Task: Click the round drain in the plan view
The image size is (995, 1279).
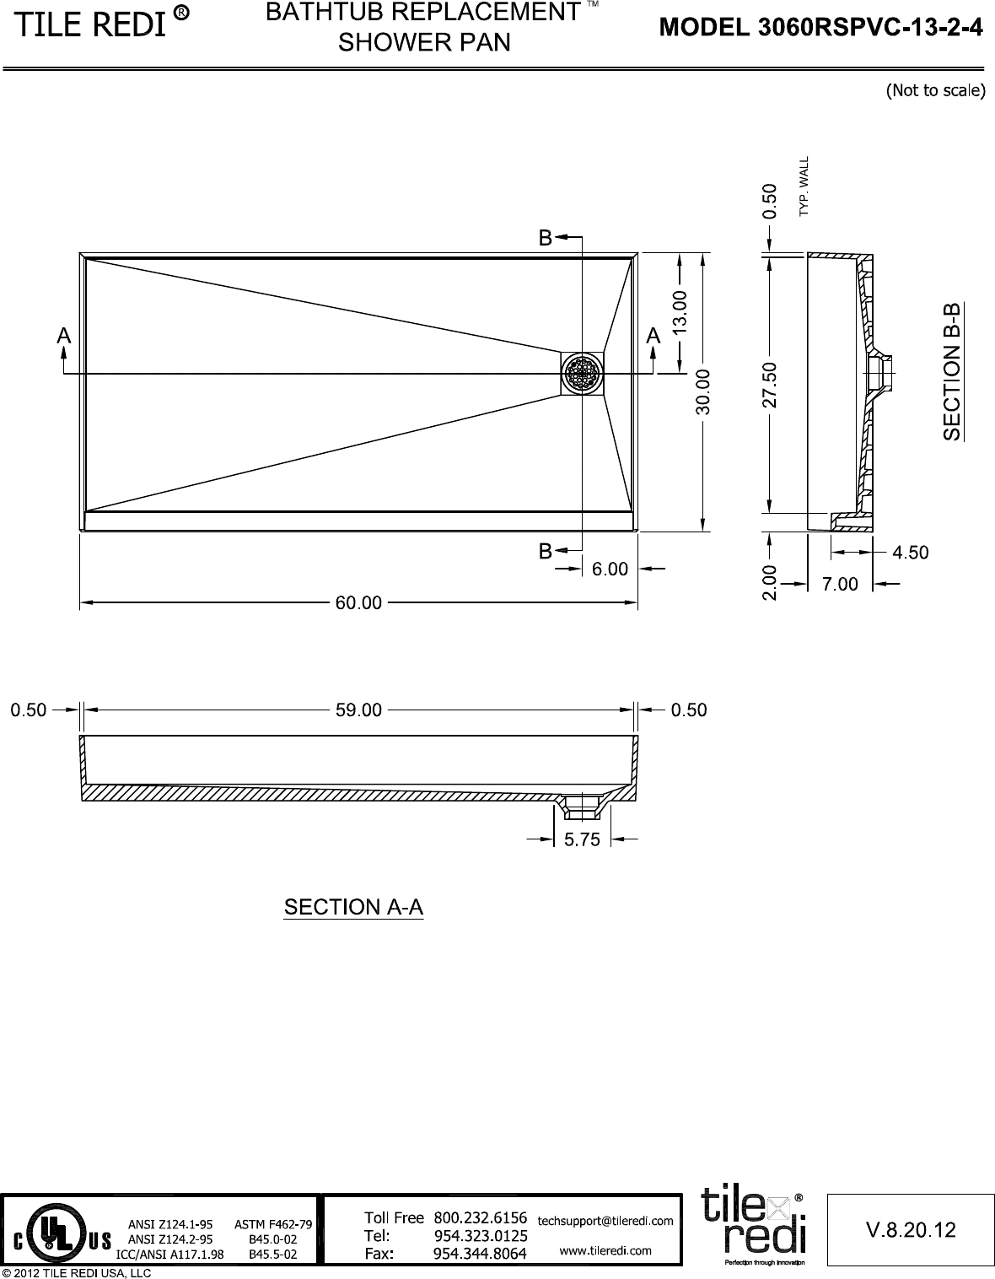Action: pyautogui.click(x=582, y=373)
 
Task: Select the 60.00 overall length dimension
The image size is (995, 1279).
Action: pyautogui.click(x=359, y=602)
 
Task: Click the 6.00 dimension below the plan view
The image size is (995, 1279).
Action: pyautogui.click(x=610, y=569)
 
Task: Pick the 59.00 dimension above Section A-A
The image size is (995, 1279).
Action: pyautogui.click(x=359, y=710)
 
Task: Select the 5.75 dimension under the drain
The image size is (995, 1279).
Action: pyautogui.click(x=582, y=839)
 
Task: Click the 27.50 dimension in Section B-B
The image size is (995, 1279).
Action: pyautogui.click(x=769, y=386)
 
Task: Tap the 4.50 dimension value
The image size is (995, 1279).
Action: pyautogui.click(x=910, y=553)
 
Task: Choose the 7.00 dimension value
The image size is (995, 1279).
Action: pyautogui.click(x=840, y=584)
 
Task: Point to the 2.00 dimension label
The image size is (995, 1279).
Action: pyautogui.click(x=769, y=582)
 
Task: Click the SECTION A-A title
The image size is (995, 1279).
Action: pyautogui.click(x=353, y=907)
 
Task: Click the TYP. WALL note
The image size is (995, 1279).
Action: pyautogui.click(x=804, y=186)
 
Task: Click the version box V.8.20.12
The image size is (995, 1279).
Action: pyautogui.click(x=911, y=1230)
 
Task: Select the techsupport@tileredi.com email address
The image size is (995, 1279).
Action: pyautogui.click(x=605, y=1220)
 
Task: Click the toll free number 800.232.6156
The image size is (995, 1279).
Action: pyautogui.click(x=480, y=1217)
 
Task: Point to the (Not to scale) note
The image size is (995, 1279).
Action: pyautogui.click(x=934, y=90)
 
